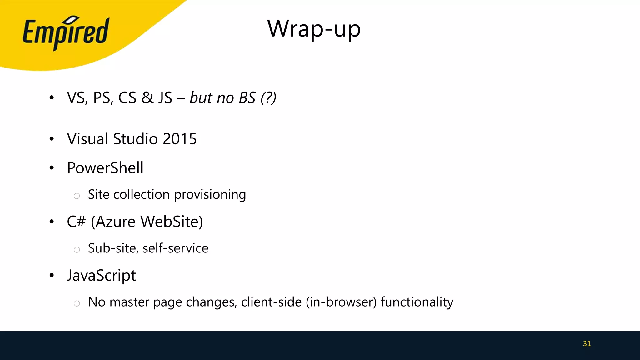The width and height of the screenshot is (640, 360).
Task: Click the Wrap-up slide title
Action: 314,29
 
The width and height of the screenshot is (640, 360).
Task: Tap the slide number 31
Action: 587,344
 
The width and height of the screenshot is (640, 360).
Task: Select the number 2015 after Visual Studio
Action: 179,139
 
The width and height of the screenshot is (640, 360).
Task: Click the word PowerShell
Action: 105,168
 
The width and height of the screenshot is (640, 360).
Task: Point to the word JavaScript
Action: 102,276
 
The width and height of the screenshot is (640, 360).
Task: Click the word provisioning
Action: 210,195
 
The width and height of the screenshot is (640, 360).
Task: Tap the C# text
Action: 76,222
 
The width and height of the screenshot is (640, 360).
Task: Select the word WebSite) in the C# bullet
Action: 172,222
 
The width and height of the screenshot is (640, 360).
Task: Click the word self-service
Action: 175,248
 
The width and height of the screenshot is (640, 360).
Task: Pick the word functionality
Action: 417,302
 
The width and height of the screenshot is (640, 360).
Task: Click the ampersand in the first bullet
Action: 147,97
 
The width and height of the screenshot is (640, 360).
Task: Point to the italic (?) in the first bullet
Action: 268,98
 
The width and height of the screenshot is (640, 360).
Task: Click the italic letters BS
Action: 247,98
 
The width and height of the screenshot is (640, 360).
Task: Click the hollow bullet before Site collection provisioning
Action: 77,196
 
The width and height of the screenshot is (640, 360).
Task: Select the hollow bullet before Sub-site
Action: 77,250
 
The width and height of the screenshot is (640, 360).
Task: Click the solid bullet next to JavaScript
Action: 52,275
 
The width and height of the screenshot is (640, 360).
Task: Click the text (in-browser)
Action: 341,302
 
